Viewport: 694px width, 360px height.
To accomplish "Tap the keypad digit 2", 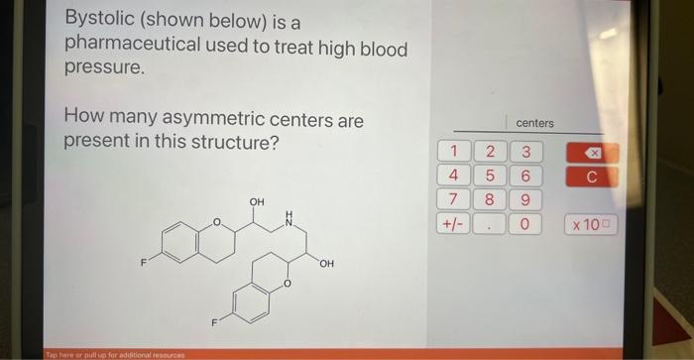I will point(489,153).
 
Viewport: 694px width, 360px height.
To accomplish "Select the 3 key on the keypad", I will point(525,153).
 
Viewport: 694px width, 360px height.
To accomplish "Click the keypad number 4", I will point(453,176).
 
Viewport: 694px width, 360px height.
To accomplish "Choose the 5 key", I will point(489,176).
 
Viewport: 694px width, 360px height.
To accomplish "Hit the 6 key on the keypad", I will point(525,176).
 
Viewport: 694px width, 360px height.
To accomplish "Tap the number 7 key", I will point(453,199).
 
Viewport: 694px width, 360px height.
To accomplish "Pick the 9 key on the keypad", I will point(525,199).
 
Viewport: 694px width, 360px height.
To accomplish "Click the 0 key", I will point(525,225).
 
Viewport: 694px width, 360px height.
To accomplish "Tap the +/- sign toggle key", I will point(453,224).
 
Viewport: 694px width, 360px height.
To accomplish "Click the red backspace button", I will point(592,154).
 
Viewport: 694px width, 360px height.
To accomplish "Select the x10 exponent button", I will point(592,225).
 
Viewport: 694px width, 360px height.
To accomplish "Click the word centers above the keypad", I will point(534,123).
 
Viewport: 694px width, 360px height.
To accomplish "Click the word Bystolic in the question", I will point(97,20).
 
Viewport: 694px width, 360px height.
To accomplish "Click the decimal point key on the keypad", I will point(489,225).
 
